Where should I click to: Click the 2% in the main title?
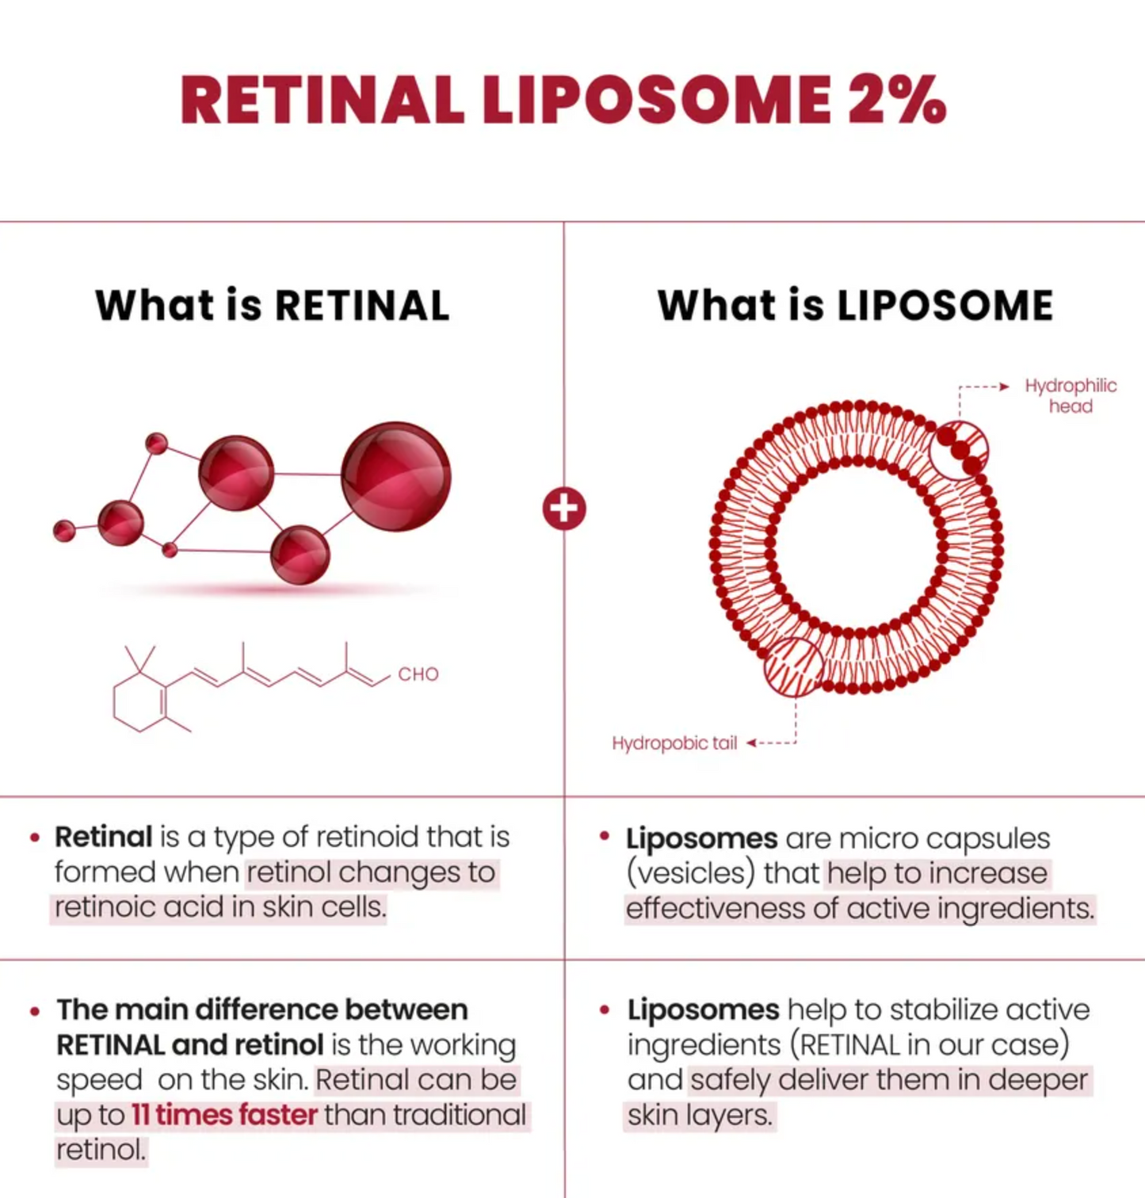(896, 101)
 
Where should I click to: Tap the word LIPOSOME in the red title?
(656, 101)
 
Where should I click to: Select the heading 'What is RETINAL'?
(273, 306)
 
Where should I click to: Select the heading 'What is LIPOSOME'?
(855, 306)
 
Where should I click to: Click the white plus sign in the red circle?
(564, 508)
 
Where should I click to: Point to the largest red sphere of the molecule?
(396, 477)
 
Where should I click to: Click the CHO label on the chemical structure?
(418, 674)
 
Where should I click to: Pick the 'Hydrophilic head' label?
(1070, 395)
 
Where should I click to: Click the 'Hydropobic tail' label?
(674, 743)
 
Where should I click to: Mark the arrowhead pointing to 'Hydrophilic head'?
(1004, 386)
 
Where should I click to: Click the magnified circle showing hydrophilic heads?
(959, 451)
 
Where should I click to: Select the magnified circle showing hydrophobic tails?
(793, 667)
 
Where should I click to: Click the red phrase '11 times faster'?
(224, 1115)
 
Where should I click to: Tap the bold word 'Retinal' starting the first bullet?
(103, 837)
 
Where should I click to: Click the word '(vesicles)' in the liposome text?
(689, 873)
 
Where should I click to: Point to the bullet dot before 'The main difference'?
(35, 1011)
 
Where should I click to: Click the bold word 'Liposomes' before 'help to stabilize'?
(703, 1010)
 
